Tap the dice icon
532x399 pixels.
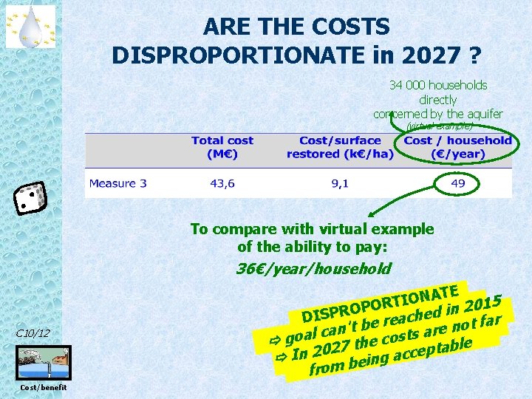point(30,198)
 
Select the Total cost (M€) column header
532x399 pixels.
point(222,147)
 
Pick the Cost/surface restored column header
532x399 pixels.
point(340,147)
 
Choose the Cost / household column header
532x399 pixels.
point(457,147)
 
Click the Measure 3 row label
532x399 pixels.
point(118,183)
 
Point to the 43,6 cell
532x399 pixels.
point(222,183)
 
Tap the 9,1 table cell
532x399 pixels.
point(340,183)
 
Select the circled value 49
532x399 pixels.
point(458,183)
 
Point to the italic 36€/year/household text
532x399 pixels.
point(313,268)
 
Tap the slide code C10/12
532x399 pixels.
point(33,333)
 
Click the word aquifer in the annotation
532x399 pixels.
point(485,114)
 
